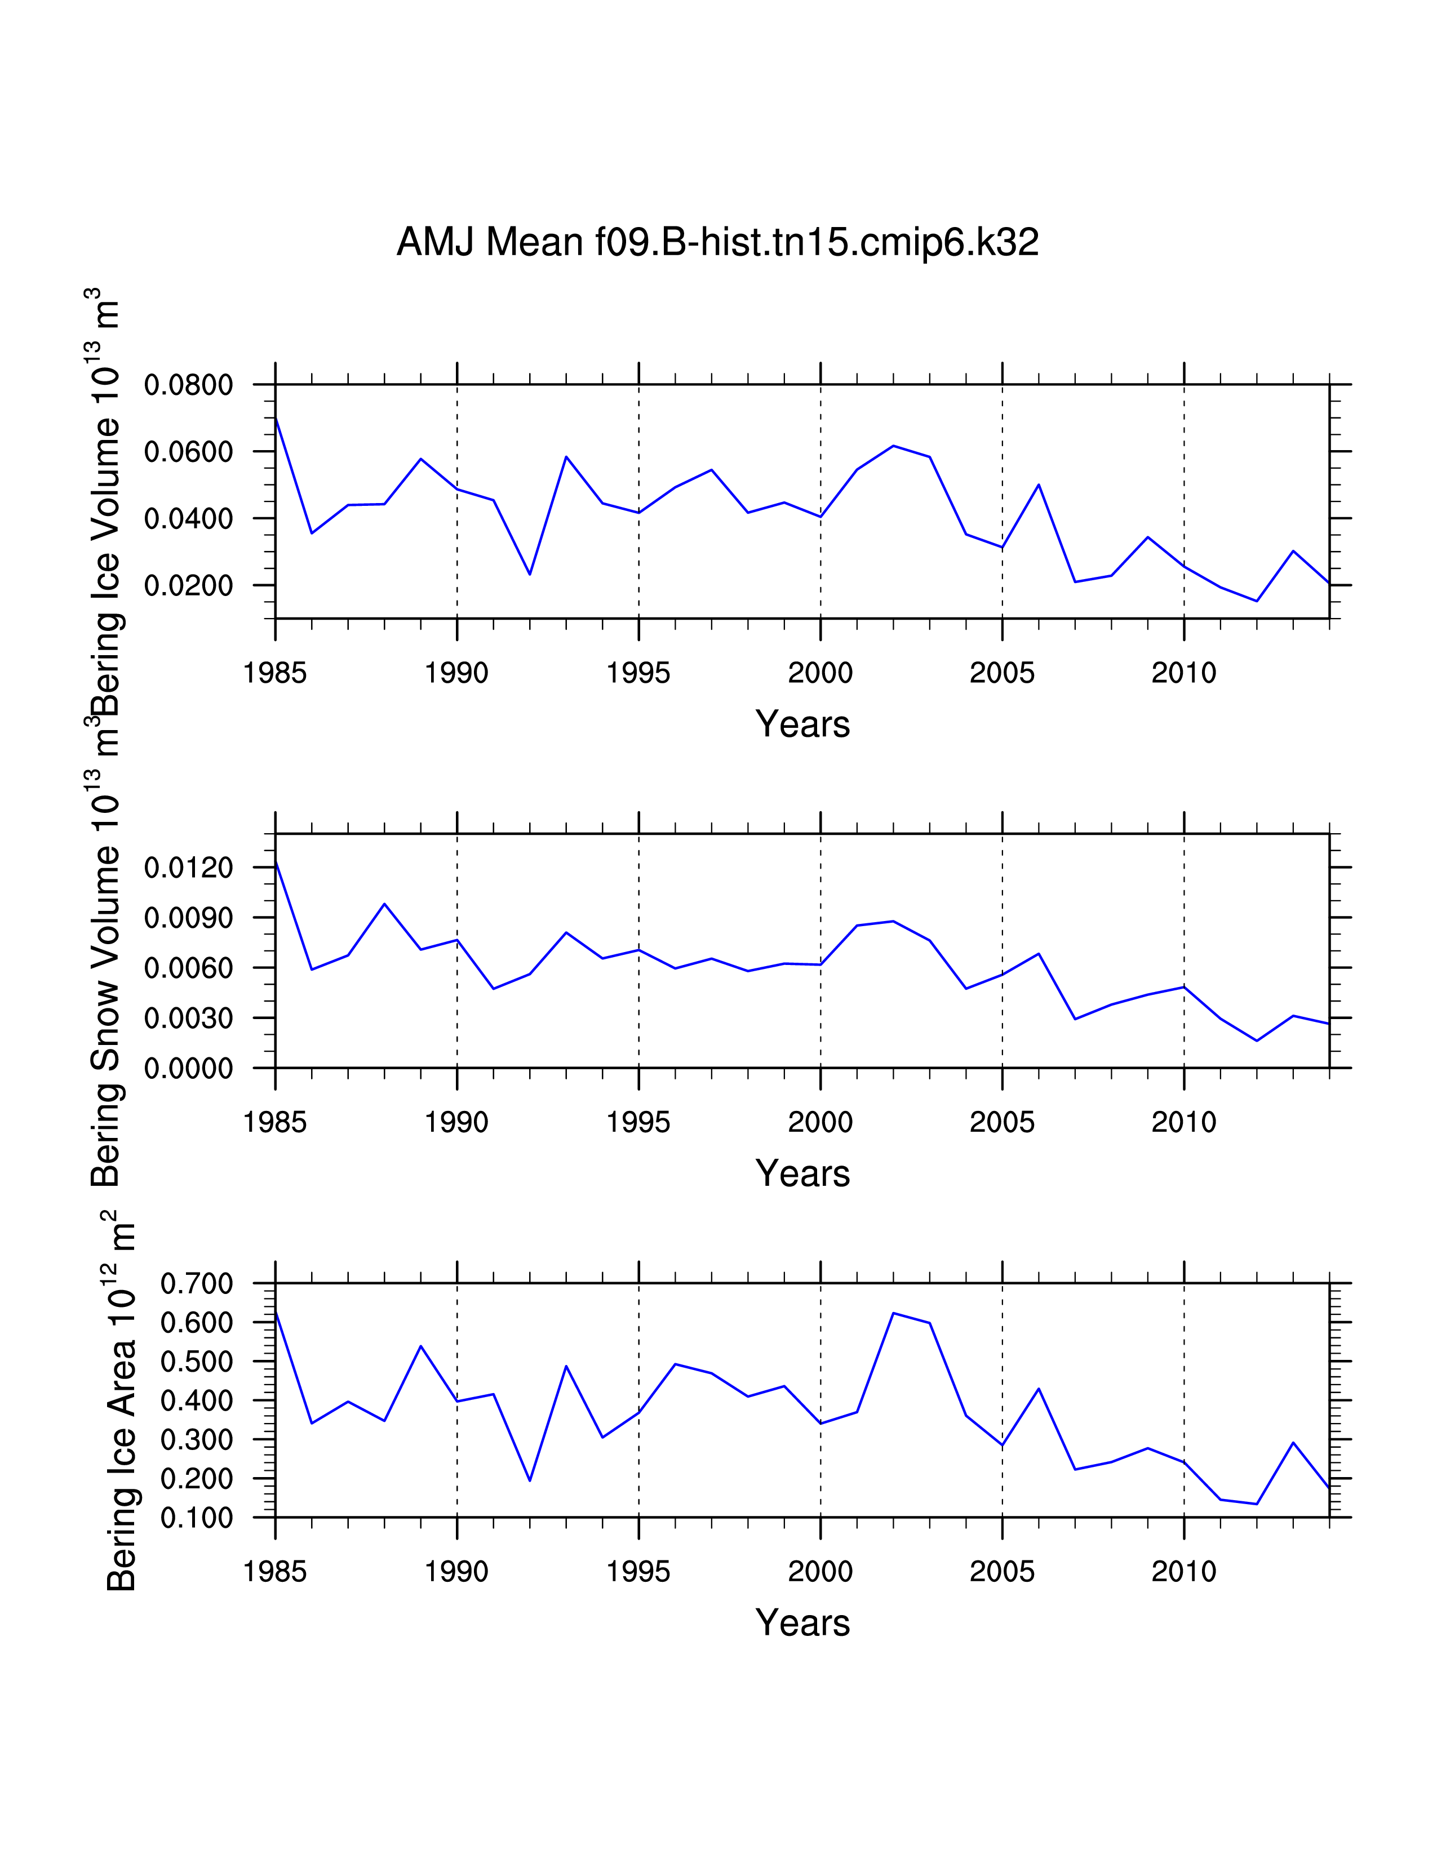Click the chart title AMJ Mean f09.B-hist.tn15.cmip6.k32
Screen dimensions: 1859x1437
[x=717, y=243]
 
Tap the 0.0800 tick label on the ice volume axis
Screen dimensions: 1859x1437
[x=188, y=385]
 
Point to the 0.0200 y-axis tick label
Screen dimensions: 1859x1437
[x=188, y=586]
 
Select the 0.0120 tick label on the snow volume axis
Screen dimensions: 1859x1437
[x=188, y=868]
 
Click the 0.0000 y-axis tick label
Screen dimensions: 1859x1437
[x=188, y=1069]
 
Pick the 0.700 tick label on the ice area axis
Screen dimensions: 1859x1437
[x=197, y=1284]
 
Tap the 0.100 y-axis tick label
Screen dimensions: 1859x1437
[x=197, y=1519]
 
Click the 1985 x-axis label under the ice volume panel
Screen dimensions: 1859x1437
[x=275, y=673]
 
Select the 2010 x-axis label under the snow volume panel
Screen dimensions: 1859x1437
[x=1183, y=1123]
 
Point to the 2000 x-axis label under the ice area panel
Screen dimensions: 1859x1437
[x=820, y=1572]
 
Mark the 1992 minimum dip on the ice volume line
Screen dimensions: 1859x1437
[x=530, y=575]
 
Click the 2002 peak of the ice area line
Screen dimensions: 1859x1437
[x=893, y=1313]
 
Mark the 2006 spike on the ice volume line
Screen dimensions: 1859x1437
[x=1039, y=484]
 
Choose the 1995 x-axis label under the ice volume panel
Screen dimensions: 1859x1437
[x=638, y=673]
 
